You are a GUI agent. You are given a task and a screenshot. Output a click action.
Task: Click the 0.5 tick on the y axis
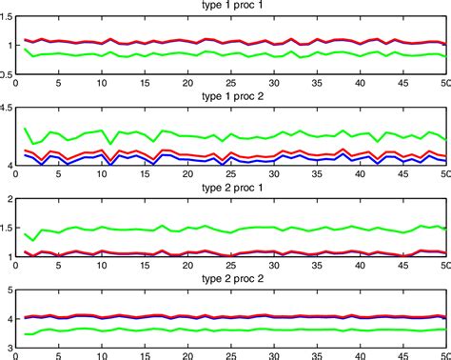pos(9,75)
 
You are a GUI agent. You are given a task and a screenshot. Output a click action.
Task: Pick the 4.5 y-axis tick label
pos(9,110)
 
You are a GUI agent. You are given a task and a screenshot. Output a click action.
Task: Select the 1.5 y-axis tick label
pos(9,229)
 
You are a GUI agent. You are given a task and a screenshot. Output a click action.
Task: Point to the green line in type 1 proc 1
pos(143,54)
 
